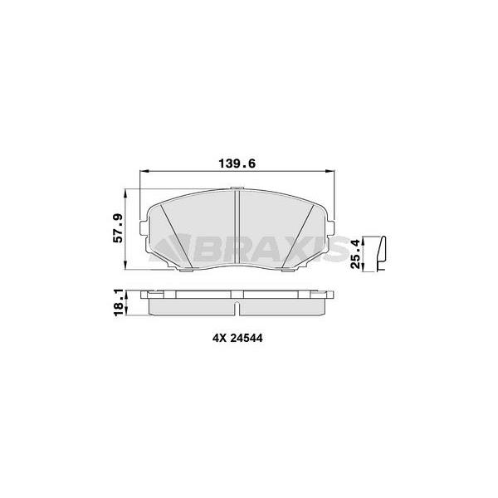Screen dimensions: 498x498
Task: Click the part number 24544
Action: [x=247, y=339]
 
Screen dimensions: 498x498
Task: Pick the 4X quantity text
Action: [x=218, y=339]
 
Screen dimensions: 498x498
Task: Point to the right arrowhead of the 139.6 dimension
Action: [x=333, y=172]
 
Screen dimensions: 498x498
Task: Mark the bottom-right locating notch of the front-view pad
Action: [x=290, y=269]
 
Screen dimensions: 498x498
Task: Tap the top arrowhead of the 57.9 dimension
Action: [x=126, y=193]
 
